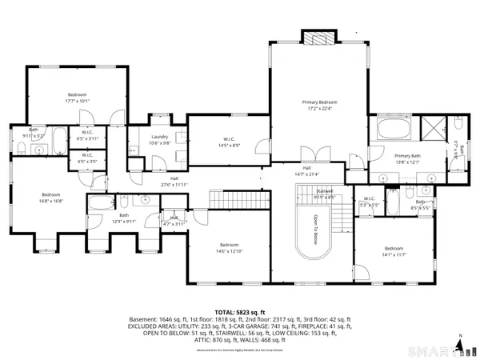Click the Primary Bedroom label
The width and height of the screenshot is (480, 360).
(319, 106)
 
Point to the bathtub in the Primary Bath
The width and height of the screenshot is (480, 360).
(394, 130)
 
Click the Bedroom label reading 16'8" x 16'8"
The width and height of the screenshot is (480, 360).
(51, 198)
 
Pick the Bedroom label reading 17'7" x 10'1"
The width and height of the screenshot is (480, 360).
(77, 98)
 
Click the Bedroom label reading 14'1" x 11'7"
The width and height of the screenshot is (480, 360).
(397, 252)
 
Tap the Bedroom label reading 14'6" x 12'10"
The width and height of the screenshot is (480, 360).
(230, 248)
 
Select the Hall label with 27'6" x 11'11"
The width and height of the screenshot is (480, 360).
(174, 182)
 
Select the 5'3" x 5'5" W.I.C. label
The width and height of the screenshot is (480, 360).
(369, 202)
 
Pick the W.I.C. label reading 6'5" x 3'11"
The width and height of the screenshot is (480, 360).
(86, 138)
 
